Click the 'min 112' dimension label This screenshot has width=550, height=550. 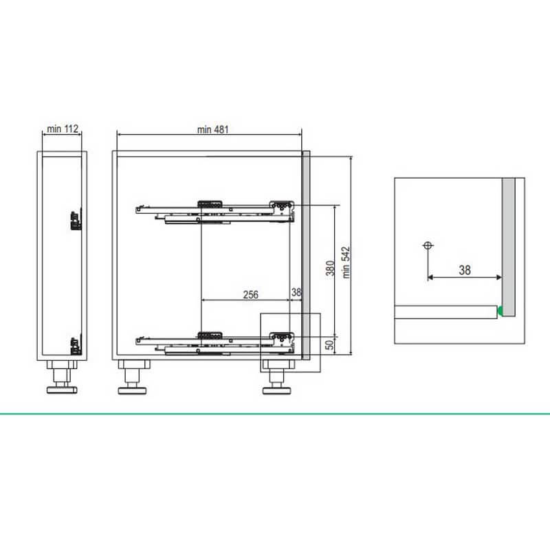click(63, 129)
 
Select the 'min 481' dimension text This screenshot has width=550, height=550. click(213, 129)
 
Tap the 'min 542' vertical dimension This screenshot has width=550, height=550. click(346, 263)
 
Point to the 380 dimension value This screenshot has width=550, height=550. click(330, 268)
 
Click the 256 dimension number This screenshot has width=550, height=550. click(250, 295)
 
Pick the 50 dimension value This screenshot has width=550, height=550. click(330, 345)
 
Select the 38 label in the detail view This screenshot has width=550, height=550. click(465, 270)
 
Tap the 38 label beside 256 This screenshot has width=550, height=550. click(296, 292)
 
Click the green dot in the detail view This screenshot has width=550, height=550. click(500, 311)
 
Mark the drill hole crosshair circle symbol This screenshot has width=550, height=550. click(427, 245)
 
